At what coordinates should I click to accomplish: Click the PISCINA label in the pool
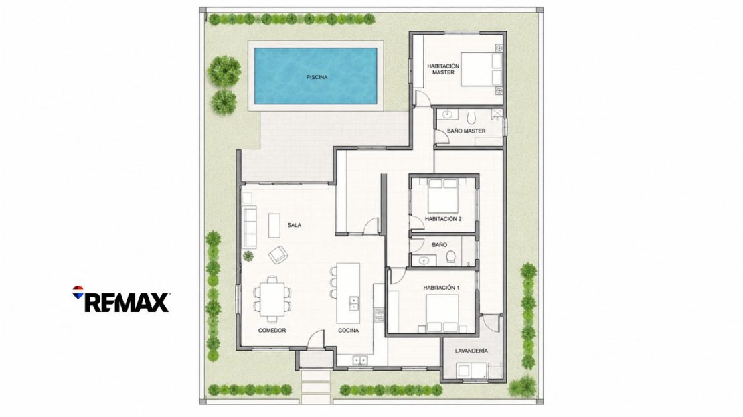(317, 77)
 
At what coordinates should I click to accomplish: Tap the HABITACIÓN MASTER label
(443, 69)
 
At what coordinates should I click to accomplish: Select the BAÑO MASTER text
(467, 131)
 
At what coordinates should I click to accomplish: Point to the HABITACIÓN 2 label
(443, 219)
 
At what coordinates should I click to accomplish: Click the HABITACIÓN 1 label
(441, 288)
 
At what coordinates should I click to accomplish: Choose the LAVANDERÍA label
(471, 351)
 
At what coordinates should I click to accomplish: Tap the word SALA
(295, 225)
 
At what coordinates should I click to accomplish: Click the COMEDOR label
(272, 330)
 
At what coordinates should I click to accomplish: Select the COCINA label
(348, 330)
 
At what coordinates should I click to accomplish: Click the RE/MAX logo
(121, 299)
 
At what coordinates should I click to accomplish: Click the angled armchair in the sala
(278, 255)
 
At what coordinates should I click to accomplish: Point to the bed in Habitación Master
(481, 69)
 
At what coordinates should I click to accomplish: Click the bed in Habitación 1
(442, 313)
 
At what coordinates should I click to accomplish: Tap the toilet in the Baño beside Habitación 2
(450, 257)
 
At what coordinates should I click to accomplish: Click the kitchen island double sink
(353, 303)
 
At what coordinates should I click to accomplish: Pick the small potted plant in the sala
(248, 256)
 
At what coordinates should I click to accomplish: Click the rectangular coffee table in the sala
(274, 225)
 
